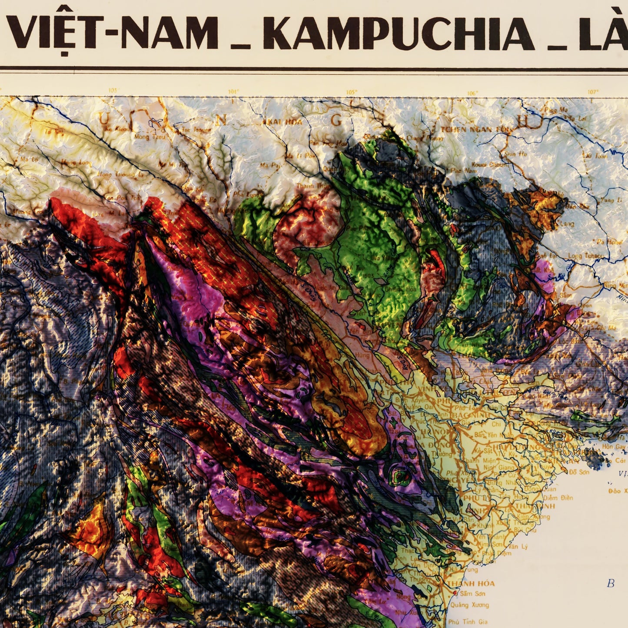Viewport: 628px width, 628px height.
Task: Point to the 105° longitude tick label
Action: coord(352,92)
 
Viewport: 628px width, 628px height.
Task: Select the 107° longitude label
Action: coord(593,92)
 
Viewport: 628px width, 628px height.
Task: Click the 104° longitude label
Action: coord(233,92)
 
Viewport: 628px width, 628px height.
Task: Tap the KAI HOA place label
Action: coord(286,122)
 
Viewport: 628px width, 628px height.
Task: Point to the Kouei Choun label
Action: coord(489,165)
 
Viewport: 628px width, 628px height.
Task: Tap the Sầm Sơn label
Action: coord(473,594)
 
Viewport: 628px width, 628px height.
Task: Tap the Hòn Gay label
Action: coord(614,447)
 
